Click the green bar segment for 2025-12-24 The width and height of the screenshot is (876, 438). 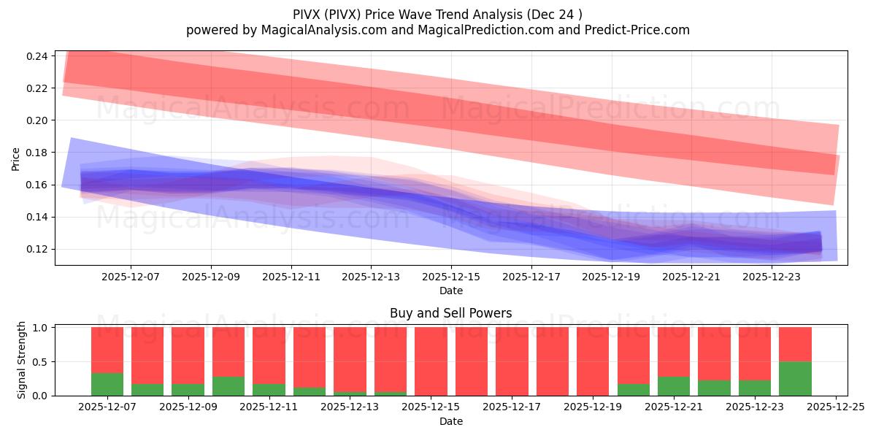click(x=795, y=378)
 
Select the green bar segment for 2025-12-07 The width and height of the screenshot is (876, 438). click(x=107, y=384)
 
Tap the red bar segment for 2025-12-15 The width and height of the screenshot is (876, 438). click(x=431, y=361)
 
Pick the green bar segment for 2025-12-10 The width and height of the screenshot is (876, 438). click(x=228, y=385)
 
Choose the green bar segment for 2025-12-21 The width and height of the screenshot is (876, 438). click(x=674, y=385)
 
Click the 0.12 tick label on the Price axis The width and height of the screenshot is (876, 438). click(x=39, y=249)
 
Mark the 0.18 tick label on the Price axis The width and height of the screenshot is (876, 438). click(x=39, y=153)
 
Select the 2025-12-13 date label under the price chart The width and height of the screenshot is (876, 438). click(x=371, y=277)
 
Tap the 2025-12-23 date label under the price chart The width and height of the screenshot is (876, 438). click(x=772, y=277)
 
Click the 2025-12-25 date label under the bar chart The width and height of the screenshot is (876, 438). click(x=835, y=407)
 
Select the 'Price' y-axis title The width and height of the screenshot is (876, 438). click(x=16, y=158)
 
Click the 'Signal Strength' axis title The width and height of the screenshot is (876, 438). click(x=22, y=361)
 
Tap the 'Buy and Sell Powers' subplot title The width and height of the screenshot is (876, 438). click(x=451, y=313)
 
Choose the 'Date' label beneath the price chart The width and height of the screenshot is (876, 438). click(x=451, y=291)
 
